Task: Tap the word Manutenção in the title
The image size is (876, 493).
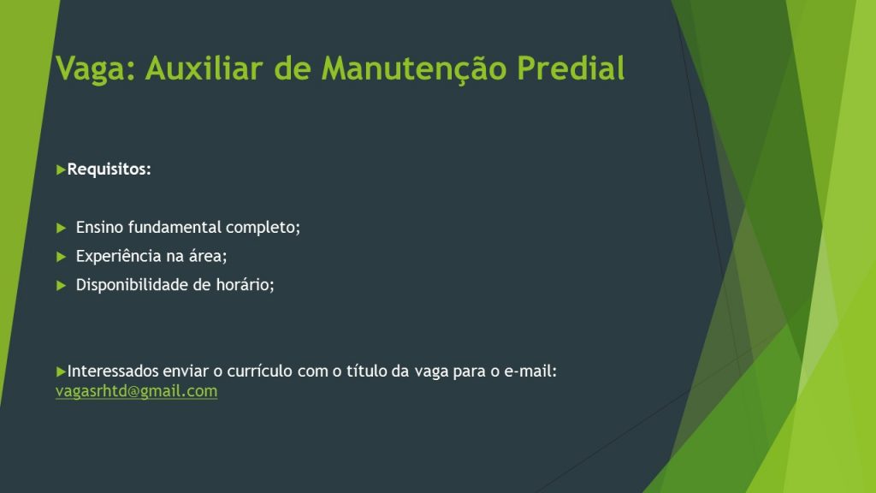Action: click(414, 69)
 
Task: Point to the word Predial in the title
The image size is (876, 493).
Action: click(571, 68)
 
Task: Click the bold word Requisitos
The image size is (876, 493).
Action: click(109, 169)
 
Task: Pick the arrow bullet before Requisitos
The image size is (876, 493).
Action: click(61, 169)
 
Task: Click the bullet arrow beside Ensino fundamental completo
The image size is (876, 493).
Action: click(62, 228)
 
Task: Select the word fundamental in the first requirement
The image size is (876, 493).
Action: click(175, 227)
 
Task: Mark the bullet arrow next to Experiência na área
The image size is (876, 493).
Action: click(62, 257)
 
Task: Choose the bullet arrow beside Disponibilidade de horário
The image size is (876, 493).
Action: click(62, 286)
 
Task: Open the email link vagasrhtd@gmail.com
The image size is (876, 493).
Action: click(136, 391)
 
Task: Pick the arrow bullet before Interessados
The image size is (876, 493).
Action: click(61, 371)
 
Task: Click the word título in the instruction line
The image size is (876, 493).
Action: click(366, 371)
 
